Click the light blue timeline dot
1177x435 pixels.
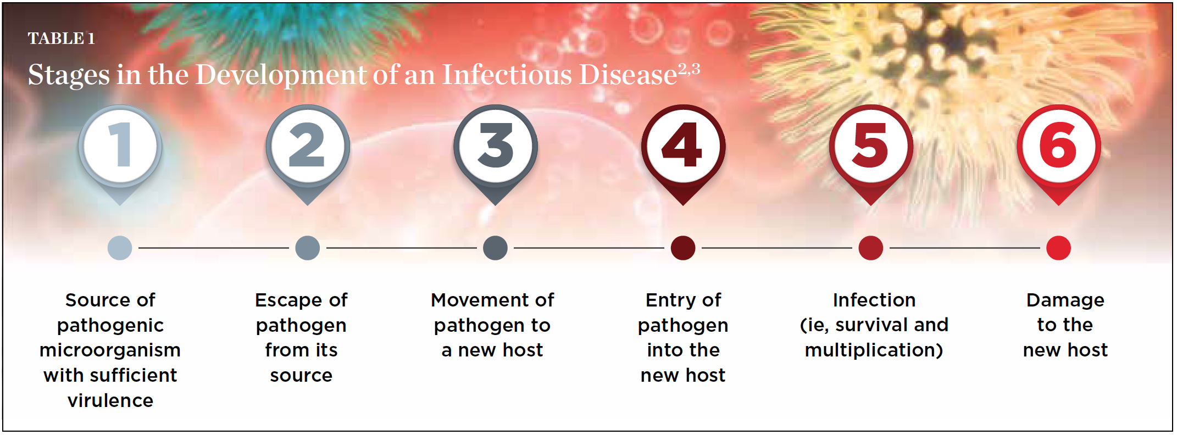click(x=120, y=248)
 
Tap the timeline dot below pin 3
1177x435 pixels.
click(x=495, y=248)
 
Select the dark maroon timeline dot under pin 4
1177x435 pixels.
click(x=683, y=248)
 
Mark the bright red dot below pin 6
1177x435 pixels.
click(x=1059, y=248)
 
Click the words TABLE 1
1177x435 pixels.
click(x=62, y=38)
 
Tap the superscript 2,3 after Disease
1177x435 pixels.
click(x=689, y=69)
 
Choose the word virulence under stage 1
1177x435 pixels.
click(x=110, y=400)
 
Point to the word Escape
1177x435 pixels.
click(x=288, y=300)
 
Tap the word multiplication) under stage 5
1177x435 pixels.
click(x=874, y=350)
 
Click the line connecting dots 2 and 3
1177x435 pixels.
click(x=402, y=248)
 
